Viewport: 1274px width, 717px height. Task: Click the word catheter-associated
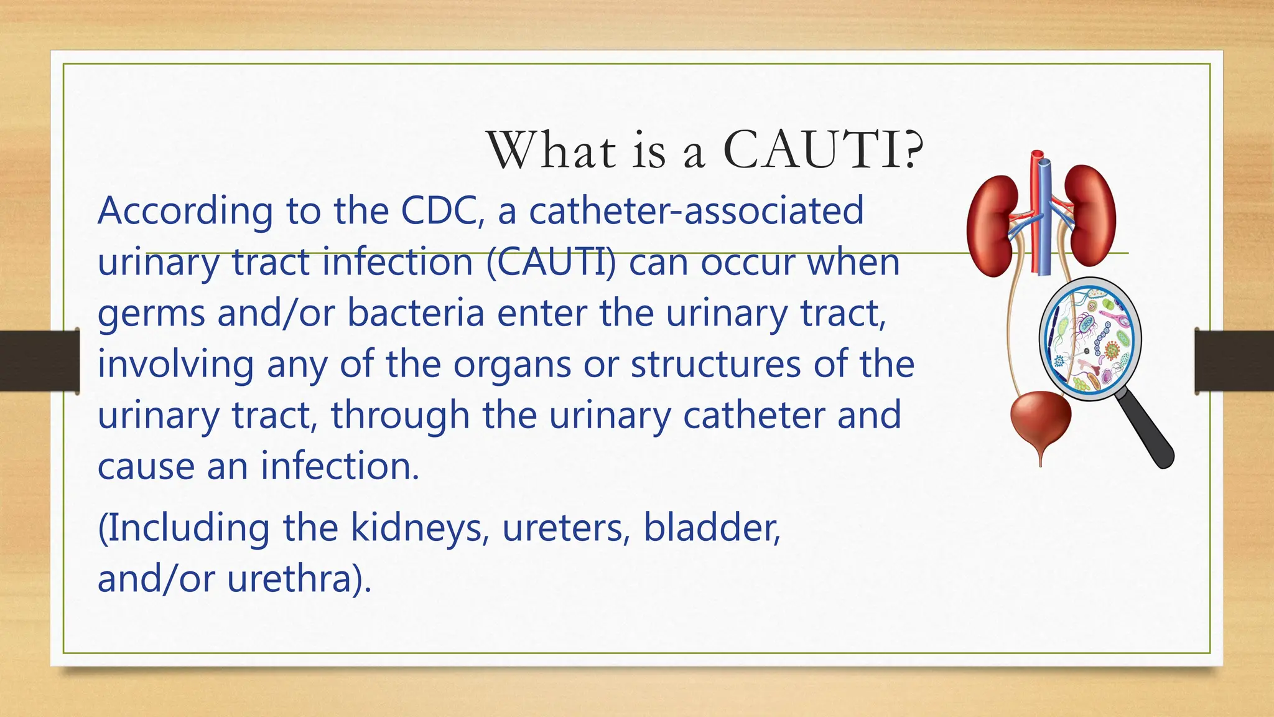[x=696, y=211]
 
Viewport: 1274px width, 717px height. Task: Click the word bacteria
[x=415, y=313]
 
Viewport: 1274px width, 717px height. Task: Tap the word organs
[x=511, y=365]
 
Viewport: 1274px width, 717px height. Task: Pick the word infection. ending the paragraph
[x=340, y=466]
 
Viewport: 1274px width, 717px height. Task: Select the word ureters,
[x=565, y=528]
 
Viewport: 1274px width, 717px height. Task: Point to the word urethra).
[x=299, y=579]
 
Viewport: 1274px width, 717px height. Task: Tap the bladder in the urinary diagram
[x=1041, y=420]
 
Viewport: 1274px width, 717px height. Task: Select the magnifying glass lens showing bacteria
[x=1090, y=339]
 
